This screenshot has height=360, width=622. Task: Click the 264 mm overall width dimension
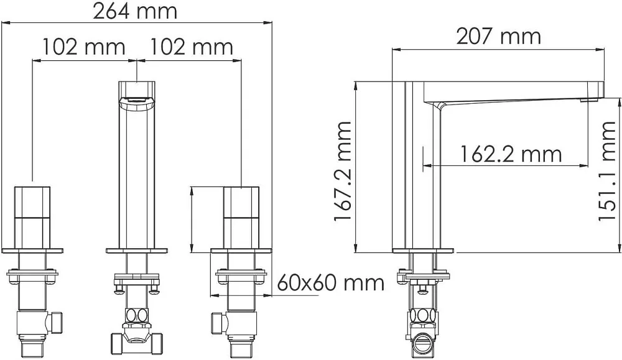point(135,11)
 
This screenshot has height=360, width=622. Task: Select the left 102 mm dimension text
point(84,47)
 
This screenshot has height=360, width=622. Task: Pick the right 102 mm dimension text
point(191,47)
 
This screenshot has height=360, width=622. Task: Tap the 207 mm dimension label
point(499,37)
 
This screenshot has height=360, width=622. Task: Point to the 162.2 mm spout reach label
point(511,154)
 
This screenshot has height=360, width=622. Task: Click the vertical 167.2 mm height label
point(343,171)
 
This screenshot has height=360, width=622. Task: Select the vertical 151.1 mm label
point(607,171)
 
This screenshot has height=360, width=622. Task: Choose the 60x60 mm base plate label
point(330,283)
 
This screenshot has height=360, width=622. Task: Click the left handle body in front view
point(32,217)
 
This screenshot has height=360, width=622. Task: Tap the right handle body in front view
point(241,217)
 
